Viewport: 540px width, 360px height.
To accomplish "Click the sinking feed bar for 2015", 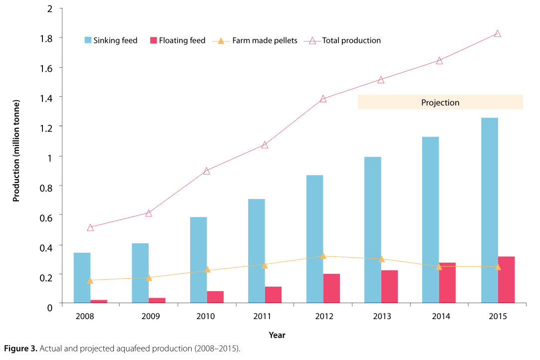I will coord(489,210).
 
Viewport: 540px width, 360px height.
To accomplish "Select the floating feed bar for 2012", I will coord(331,288).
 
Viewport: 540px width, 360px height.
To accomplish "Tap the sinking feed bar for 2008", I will coord(82,277).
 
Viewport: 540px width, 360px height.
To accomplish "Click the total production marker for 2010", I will coord(206,171).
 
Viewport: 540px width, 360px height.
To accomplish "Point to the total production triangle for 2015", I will coord(497,33).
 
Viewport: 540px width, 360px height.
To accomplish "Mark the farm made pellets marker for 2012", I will coord(323,256).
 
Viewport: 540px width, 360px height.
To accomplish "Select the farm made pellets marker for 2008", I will coord(90,280).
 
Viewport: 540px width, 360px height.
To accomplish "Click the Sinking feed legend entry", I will coord(111,40).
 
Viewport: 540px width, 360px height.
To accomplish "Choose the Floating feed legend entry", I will coord(177,40).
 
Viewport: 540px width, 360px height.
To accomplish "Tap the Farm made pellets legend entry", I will coord(257,40).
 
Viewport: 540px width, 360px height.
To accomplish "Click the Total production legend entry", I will coord(345,40).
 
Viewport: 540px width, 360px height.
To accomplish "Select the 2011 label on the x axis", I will coord(263,317).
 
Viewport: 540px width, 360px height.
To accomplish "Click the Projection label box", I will coord(440,102).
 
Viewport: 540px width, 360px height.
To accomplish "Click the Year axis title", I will coord(277,335).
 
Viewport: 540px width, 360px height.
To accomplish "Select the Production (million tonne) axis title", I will coord(16,151).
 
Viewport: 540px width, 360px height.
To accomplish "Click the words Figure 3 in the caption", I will coord(19,348).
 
